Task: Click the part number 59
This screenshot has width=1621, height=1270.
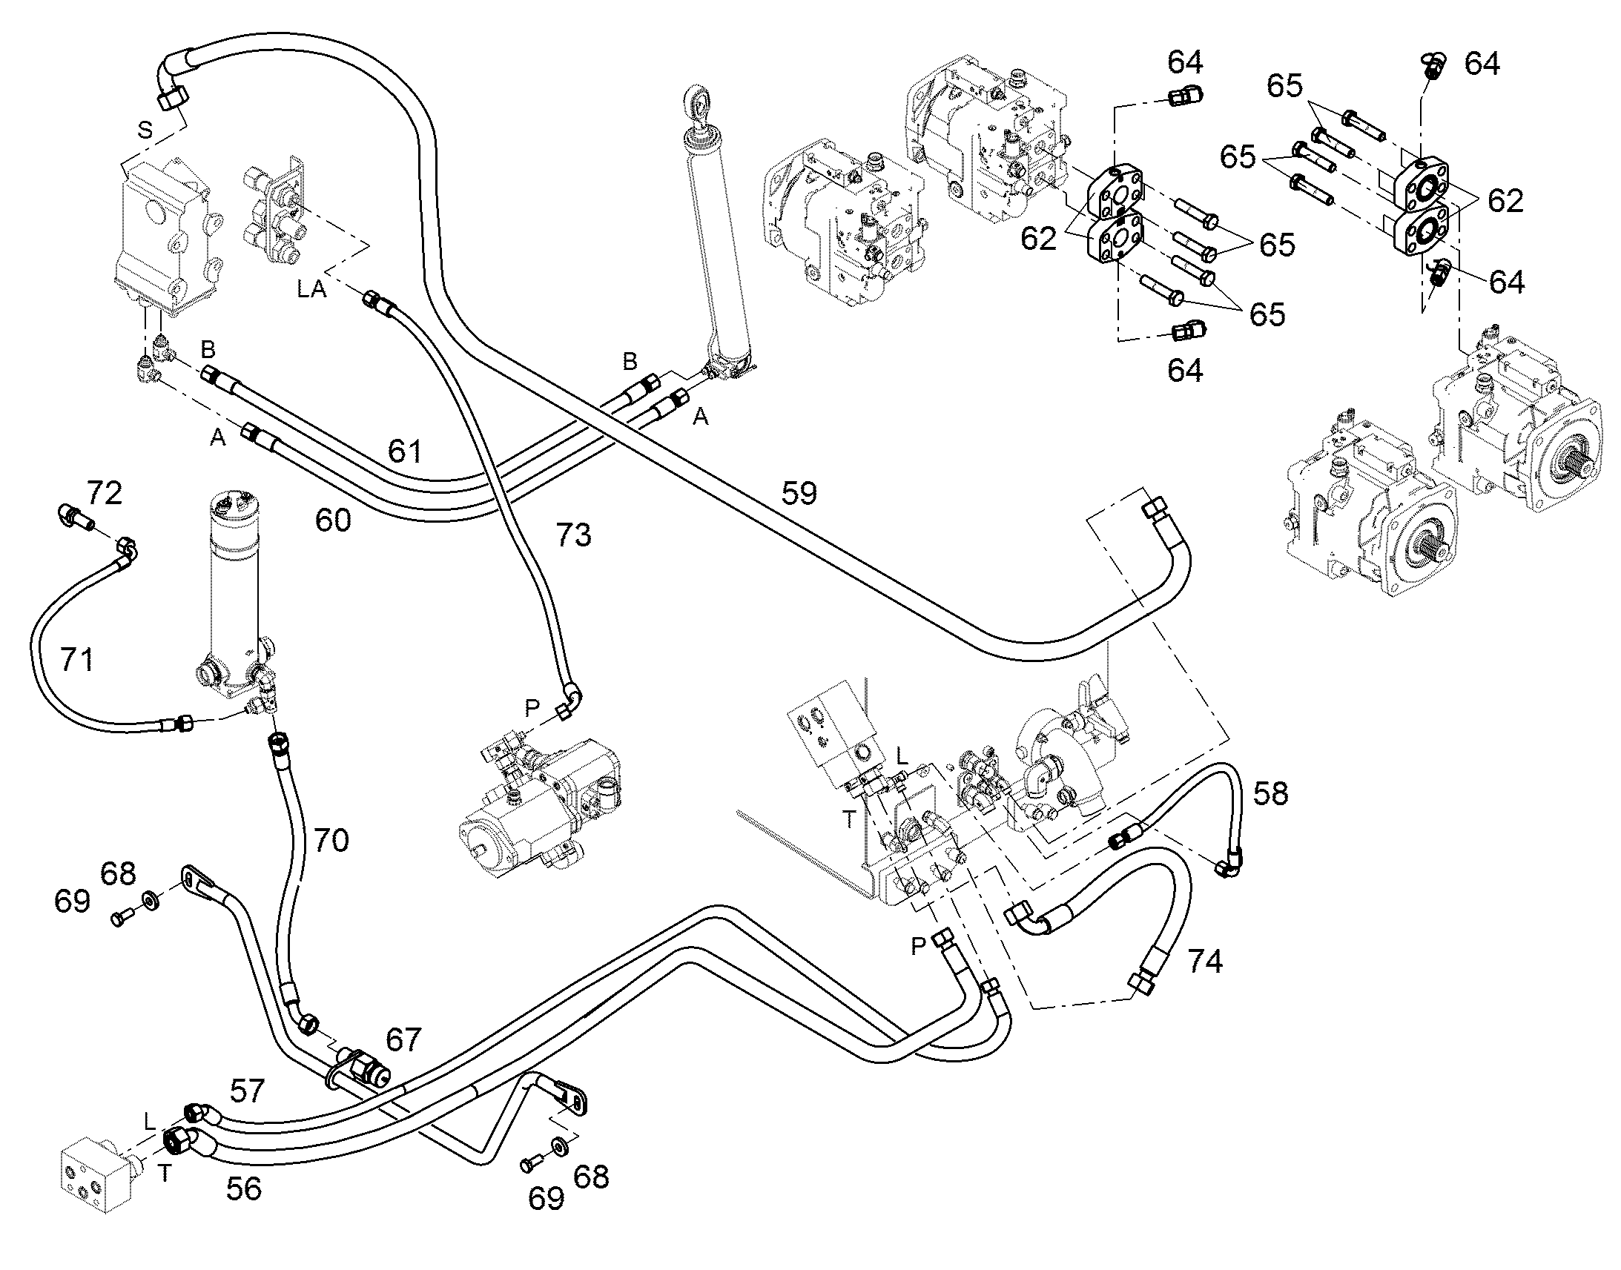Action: point(799,493)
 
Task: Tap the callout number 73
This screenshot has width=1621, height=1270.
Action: point(573,535)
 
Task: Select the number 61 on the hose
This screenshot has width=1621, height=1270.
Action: point(404,452)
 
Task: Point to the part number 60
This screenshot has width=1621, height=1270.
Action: point(332,520)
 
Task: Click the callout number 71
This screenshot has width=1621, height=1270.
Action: point(76,660)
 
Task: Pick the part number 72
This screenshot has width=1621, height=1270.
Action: point(104,493)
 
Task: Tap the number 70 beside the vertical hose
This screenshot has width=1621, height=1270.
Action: point(331,840)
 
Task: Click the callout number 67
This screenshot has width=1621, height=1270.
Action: point(403,1040)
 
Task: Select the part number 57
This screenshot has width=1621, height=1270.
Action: point(247,1091)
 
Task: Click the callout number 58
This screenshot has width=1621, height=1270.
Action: point(1270,794)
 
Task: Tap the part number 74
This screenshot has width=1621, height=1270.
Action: point(1204,962)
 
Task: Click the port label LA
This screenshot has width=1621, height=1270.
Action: point(311,289)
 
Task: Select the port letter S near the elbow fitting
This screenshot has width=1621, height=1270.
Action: point(145,131)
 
